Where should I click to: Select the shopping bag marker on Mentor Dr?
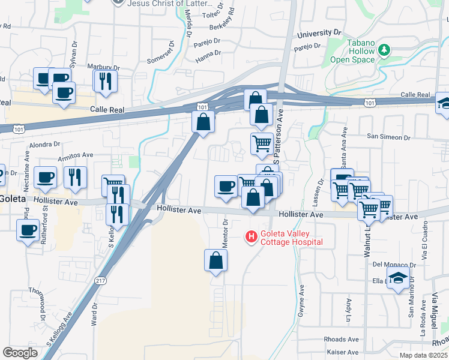(x=215, y=261)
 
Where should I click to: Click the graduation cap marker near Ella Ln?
(x=397, y=278)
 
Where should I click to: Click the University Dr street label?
(x=319, y=33)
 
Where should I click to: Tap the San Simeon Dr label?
(x=389, y=137)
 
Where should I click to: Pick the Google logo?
(x=20, y=353)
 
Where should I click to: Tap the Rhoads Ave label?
(x=340, y=339)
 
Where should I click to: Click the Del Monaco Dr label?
(x=394, y=264)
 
